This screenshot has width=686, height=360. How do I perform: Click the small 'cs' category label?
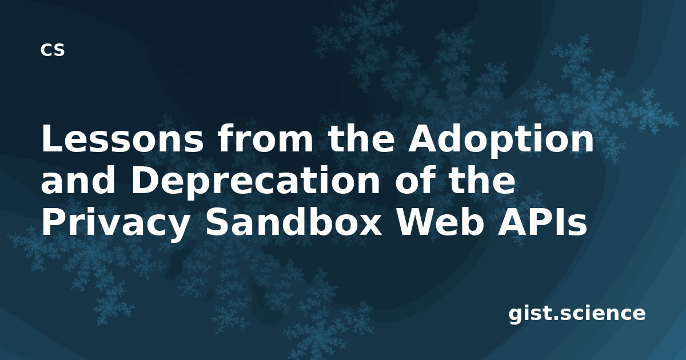53,50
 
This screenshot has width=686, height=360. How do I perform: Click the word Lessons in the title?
122,138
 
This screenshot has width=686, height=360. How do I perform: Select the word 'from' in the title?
265,138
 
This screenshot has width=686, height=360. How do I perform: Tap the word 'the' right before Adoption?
361,138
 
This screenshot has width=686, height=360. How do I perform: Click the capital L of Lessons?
51,138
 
